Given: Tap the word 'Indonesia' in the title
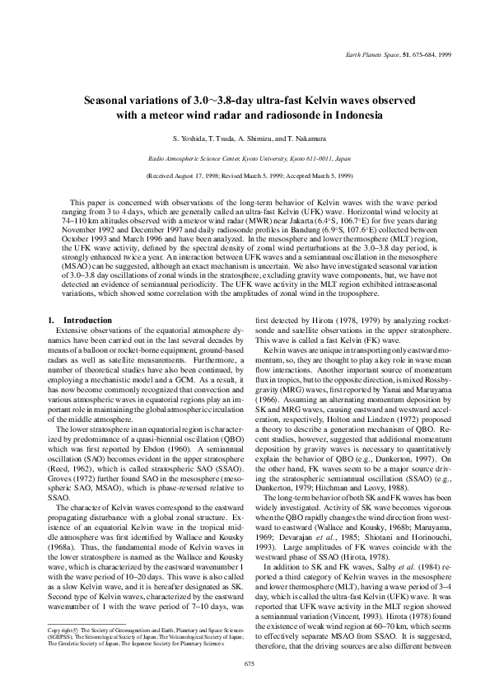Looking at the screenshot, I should pos(354,115).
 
